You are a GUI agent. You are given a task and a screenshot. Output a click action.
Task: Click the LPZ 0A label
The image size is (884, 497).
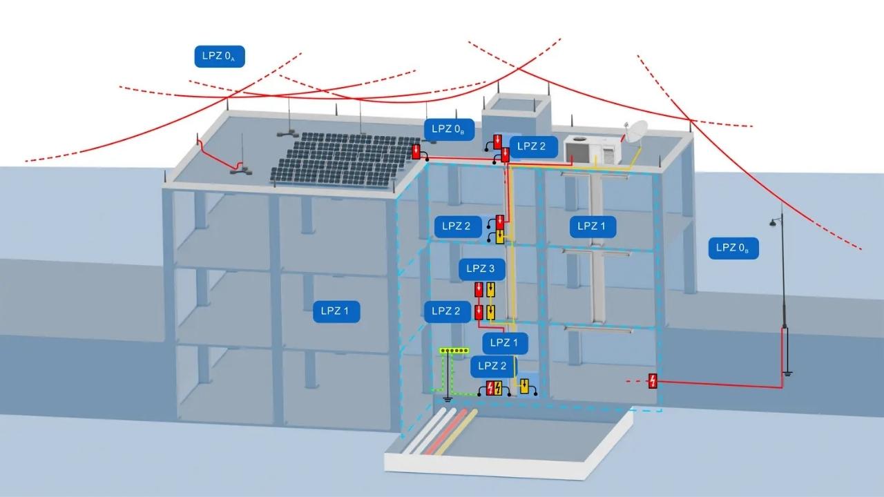pos(220,57)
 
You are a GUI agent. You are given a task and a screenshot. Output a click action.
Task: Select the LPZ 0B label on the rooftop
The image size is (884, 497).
pos(449,129)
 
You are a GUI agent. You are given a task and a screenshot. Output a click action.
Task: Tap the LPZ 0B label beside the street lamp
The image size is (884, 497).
pos(733,248)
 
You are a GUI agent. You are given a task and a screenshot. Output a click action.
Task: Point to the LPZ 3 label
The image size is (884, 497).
pos(481,269)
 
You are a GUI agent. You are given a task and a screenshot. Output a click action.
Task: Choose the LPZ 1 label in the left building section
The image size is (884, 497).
pos(336,311)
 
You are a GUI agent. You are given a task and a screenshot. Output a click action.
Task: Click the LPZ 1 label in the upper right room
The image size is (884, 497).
pos(593,226)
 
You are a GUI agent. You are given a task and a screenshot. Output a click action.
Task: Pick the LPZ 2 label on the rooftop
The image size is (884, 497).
pos(533,147)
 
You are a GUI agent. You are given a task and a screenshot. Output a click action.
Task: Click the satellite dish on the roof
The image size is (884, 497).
pos(636,132)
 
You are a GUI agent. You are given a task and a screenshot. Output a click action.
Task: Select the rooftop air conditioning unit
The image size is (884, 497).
pos(593,150)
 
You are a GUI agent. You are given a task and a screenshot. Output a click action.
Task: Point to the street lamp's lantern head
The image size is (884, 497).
pos(773,223)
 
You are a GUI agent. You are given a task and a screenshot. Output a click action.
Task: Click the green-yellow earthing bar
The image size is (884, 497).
pos(454,350)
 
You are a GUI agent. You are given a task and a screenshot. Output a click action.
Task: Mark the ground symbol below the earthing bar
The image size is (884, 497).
pos(447,399)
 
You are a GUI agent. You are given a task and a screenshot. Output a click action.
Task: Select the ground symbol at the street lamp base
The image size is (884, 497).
pos(787,373)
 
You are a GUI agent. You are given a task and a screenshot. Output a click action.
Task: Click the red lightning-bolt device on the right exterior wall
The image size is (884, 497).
pos(653,381)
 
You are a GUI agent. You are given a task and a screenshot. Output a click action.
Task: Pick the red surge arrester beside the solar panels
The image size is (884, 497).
pos(416,151)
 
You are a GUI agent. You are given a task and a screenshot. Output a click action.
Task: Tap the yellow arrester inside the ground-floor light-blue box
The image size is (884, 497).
pos(524,386)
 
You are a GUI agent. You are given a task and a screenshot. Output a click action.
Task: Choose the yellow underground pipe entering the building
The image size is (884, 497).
pos(457,432)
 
